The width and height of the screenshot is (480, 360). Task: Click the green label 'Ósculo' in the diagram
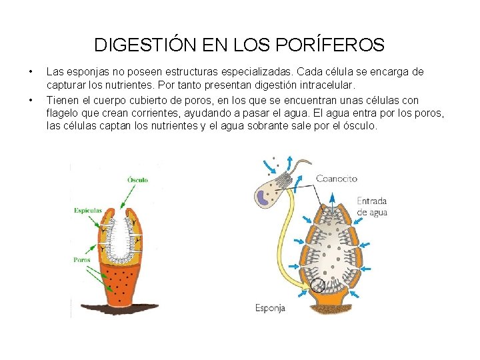pos(137,179)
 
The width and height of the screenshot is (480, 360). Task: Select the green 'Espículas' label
pos(88,211)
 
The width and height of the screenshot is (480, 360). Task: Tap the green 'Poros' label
pos(82,260)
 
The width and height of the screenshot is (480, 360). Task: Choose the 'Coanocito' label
pos(336,179)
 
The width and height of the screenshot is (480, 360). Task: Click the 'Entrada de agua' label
pos(371,207)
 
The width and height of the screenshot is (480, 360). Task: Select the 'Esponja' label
pos(270,307)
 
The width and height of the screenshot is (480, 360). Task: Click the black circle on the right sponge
pos(319,286)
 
